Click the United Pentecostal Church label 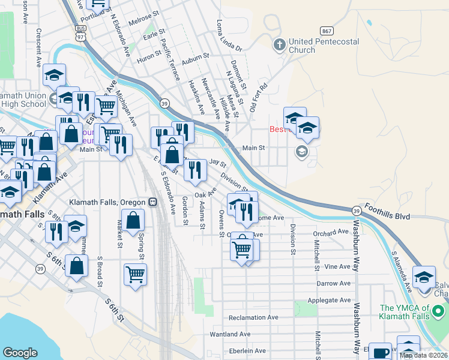(x=324, y=46)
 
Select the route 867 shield (x=327, y=31)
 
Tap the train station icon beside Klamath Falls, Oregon (x=153, y=202)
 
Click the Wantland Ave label (x=229, y=334)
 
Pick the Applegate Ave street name (x=328, y=300)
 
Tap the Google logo (x=20, y=353)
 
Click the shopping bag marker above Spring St (x=134, y=220)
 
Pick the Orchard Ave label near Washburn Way (x=330, y=232)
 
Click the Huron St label (x=149, y=60)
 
